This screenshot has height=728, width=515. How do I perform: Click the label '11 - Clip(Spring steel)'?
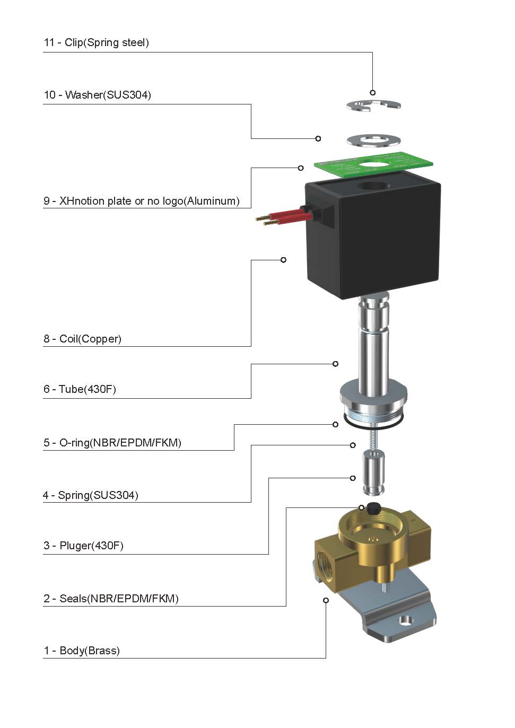[x=96, y=42]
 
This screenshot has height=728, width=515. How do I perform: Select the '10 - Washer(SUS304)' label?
[x=97, y=95]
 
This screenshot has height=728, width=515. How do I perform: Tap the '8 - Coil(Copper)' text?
[x=82, y=339]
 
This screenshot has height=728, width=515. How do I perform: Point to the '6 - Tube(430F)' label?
[x=80, y=389]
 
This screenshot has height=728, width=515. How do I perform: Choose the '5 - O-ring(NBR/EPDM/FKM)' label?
[x=112, y=443]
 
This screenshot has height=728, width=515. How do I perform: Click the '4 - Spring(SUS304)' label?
[x=91, y=495]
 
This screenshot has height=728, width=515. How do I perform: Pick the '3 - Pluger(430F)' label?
[x=83, y=546]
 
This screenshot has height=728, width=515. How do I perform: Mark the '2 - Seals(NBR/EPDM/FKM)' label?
[x=111, y=599]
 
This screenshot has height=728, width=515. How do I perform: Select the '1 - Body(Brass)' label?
[x=82, y=651]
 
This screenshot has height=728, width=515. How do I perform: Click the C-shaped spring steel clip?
[x=373, y=106]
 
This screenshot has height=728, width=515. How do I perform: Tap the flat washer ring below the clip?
[x=373, y=140]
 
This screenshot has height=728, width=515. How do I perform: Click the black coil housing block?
[x=374, y=244]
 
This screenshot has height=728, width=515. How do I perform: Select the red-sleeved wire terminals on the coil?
[x=281, y=216]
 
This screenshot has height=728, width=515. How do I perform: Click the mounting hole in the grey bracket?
[x=406, y=620]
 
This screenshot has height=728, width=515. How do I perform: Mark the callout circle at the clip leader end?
[x=373, y=93]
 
